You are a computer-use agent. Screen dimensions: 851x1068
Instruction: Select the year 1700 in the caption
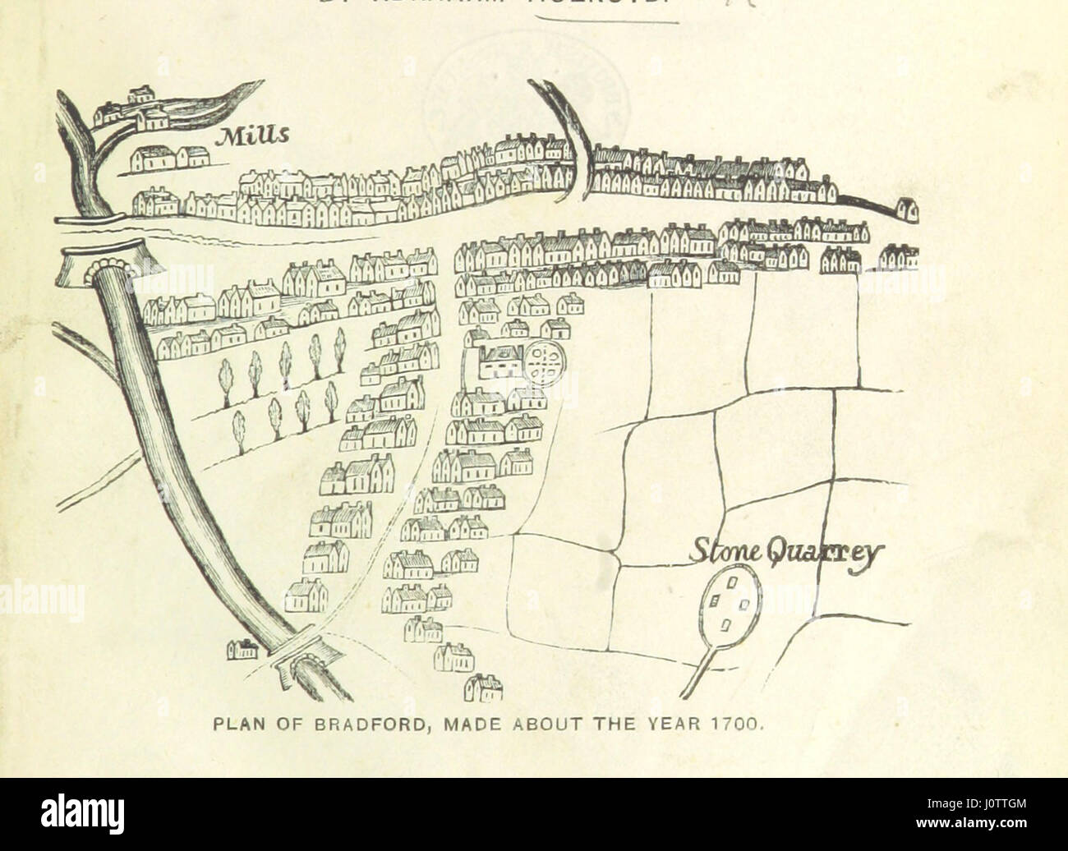pyautogui.click(x=743, y=726)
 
